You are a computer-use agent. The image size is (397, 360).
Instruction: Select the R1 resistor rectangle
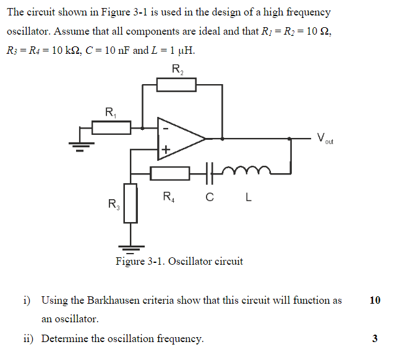[x=111, y=128]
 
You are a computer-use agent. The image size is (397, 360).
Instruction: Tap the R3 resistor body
[x=130, y=203]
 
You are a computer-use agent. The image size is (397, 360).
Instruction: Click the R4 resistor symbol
[x=169, y=174]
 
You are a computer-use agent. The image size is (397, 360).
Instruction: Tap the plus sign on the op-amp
[x=165, y=149]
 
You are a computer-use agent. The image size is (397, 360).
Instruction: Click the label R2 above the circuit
[x=177, y=69]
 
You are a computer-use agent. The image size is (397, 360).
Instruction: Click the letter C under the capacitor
[x=209, y=198]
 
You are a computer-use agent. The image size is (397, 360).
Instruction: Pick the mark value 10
[x=375, y=301]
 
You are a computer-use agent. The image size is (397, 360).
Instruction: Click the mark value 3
[x=375, y=338]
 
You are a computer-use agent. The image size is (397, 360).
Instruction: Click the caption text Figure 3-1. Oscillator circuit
[x=179, y=261]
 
